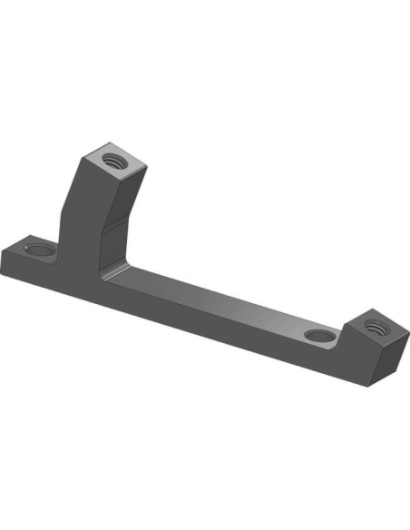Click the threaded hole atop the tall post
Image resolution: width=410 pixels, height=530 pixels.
tap(114, 161)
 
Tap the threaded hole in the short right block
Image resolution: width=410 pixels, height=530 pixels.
tap(376, 325)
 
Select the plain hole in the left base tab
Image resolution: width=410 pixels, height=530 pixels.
tap(39, 247)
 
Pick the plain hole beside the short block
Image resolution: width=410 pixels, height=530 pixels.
tap(317, 337)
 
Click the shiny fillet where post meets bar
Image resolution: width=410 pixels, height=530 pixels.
tap(112, 272)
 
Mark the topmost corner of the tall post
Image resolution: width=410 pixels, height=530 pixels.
tap(117, 142)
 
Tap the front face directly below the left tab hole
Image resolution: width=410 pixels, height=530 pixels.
tap(36, 271)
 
